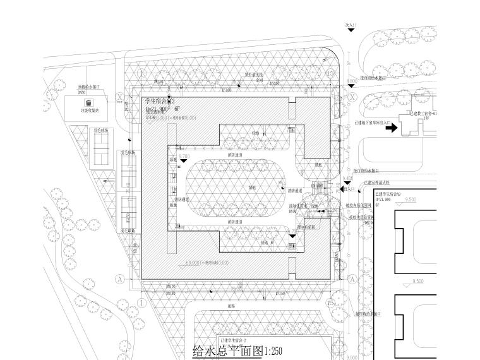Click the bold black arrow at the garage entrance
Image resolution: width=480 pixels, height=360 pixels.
point(391,128)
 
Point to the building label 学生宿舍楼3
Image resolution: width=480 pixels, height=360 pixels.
point(160,101)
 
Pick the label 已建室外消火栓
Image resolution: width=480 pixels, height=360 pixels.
point(378,183)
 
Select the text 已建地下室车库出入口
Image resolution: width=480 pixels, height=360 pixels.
point(374,124)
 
